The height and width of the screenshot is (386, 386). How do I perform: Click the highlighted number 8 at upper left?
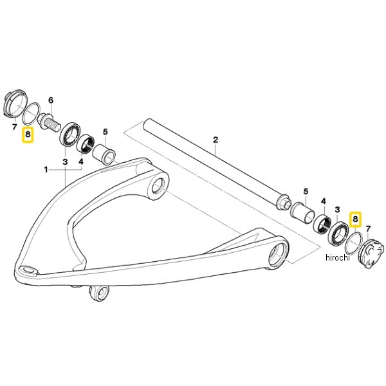(x=28, y=134)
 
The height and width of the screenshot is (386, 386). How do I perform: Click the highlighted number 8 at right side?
(x=355, y=219)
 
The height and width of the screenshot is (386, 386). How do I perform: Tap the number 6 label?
(x=51, y=100)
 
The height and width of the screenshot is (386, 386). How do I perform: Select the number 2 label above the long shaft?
(x=216, y=140)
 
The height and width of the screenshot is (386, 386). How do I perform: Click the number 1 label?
(x=46, y=170)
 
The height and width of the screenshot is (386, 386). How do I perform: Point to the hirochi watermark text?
(x=338, y=257)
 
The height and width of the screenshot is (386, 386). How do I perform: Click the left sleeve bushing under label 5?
(x=104, y=154)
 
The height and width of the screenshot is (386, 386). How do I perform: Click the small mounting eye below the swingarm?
(x=99, y=293)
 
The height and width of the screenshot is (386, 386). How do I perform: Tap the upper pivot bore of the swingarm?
(x=158, y=187)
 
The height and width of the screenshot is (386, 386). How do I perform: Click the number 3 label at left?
(x=65, y=162)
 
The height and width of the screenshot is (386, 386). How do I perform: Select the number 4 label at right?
(x=323, y=201)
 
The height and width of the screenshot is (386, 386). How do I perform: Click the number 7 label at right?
(x=368, y=229)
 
